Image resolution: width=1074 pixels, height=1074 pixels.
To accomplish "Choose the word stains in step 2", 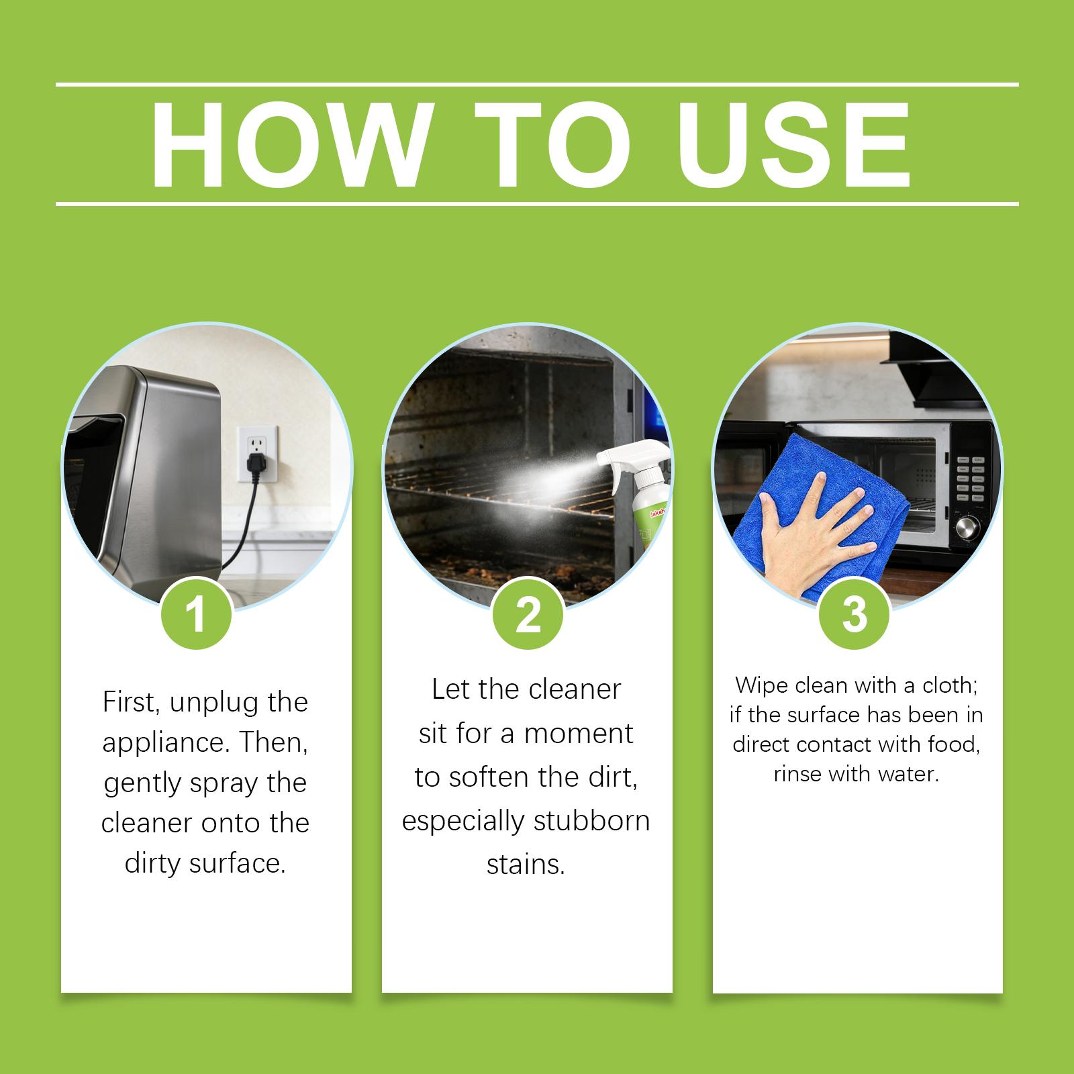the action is [526, 865].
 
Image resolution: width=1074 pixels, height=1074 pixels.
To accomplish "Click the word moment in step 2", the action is [578, 734].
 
